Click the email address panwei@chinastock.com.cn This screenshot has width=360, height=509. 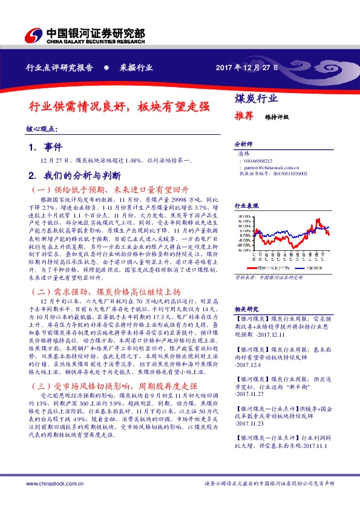coord(266,167)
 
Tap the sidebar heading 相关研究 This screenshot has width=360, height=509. coord(246,308)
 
